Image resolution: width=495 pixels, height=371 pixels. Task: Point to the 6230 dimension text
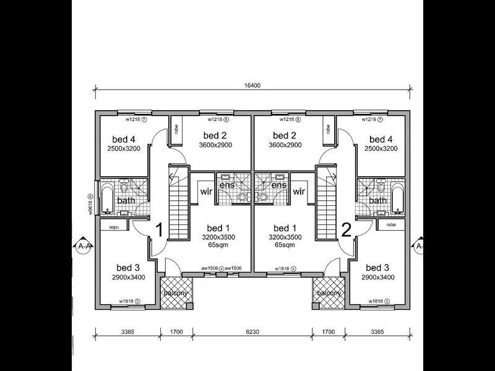[x=252, y=332]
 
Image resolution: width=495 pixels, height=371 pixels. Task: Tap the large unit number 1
[x=158, y=231]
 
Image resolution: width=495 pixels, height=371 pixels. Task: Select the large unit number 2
[x=346, y=231]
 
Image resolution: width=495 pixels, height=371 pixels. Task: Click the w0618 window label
[x=90, y=203]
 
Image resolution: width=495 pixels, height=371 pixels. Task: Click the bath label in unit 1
[x=126, y=201]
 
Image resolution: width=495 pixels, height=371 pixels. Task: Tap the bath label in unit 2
[x=377, y=201]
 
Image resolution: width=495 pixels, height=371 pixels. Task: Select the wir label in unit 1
[x=207, y=192]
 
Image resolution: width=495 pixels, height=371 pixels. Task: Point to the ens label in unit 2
[x=279, y=185]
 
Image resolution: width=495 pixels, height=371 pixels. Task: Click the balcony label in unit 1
[x=175, y=293]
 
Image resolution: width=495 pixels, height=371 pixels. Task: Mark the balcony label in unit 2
[x=328, y=293]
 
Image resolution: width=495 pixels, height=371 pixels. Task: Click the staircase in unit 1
[x=178, y=204]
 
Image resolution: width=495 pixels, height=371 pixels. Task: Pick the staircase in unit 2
[x=326, y=204]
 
